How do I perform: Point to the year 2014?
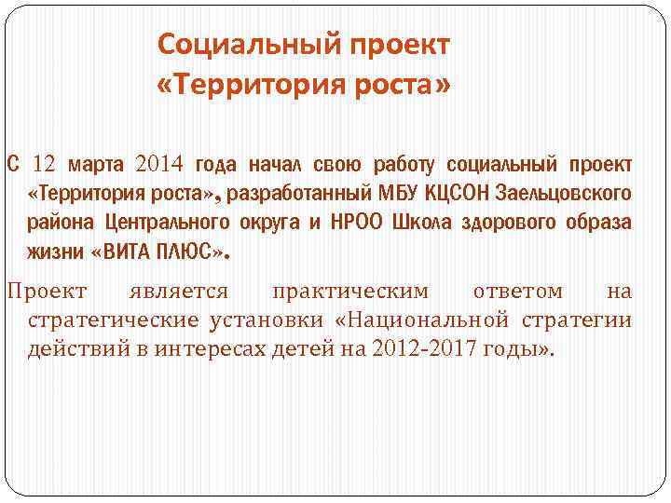coord(160,166)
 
